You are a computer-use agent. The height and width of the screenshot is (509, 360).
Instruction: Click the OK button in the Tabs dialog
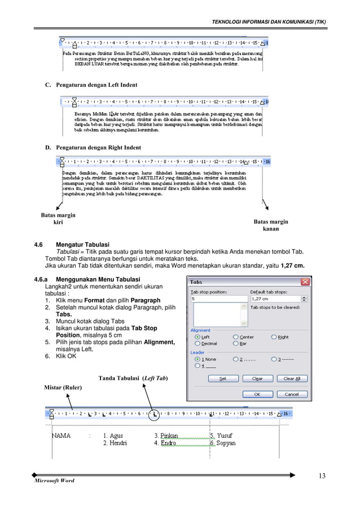[257, 394]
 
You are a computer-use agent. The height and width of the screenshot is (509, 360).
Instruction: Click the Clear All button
[291, 379]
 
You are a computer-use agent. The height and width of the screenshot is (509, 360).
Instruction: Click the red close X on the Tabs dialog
[305, 282]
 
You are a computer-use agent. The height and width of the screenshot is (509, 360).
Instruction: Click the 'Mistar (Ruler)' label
[63, 387]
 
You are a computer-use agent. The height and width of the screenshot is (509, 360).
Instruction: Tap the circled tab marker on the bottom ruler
[155, 415]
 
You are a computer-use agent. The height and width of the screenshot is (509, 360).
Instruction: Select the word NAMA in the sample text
[62, 436]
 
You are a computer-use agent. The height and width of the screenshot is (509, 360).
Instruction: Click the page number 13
[322, 476]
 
